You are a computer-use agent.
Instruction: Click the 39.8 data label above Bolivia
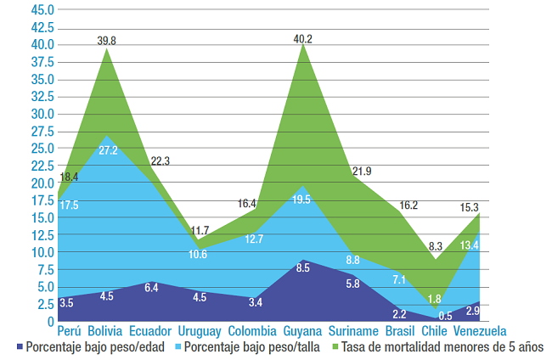click(108, 40)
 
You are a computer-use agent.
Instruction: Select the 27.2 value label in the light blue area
click(108, 149)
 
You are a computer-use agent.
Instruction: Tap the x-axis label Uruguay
click(200, 330)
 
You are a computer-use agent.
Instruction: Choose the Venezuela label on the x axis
click(480, 330)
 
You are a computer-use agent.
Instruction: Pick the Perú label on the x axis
click(70, 330)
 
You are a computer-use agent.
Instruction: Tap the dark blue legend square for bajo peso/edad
click(19, 347)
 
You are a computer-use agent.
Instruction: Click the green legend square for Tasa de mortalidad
click(334, 347)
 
